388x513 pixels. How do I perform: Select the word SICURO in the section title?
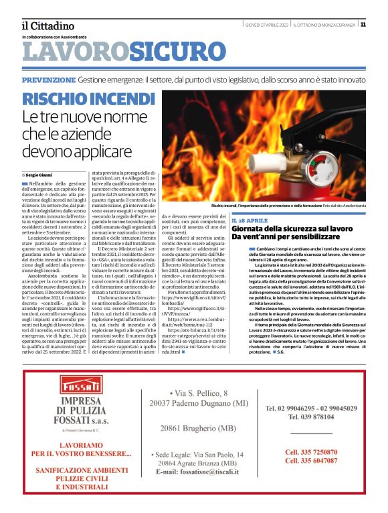point(169,52)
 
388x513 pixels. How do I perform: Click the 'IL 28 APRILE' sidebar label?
point(268,220)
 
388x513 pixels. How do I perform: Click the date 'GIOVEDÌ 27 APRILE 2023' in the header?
point(266,25)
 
